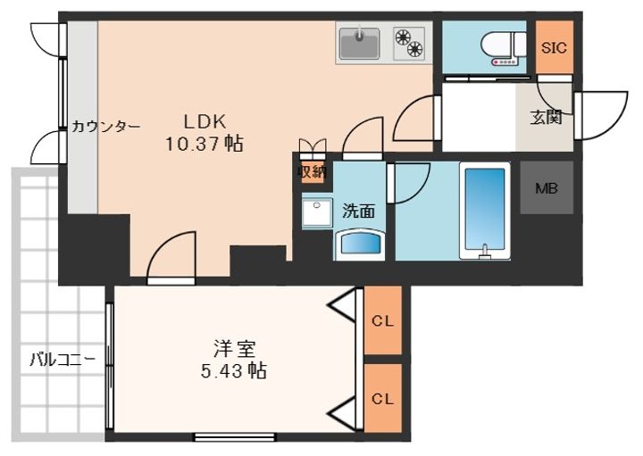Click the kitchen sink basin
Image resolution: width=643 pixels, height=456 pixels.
362,41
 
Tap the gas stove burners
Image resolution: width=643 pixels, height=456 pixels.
409,42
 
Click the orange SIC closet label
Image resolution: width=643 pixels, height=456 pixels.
554,48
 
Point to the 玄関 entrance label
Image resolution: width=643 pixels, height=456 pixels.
546,118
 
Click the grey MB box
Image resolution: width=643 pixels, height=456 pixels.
546,188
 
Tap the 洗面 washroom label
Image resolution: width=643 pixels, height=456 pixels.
358,211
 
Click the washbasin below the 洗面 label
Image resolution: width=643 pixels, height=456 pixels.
359,244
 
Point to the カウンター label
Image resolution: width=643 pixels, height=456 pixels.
106,127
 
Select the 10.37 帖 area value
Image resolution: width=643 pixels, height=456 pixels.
205,143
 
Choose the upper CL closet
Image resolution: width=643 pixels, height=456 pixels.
383,321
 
